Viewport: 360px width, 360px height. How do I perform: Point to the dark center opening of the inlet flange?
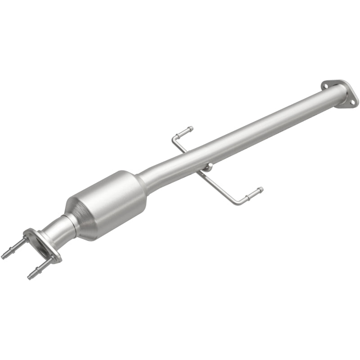(42, 247)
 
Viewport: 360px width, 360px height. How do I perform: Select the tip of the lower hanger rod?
(260, 189)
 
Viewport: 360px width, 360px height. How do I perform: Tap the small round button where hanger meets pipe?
(207, 167)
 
